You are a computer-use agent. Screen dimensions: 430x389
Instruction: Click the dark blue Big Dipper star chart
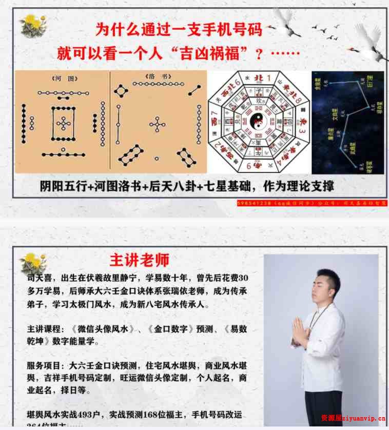click(x=347, y=122)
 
